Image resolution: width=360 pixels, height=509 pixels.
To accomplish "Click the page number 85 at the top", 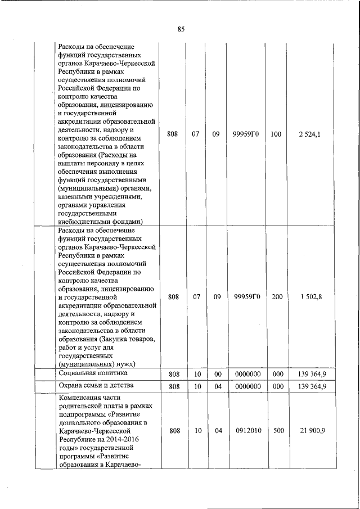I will point(181,29).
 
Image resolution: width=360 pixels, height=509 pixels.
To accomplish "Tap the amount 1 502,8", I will point(309,297).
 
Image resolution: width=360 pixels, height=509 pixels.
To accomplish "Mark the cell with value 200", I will point(277,297).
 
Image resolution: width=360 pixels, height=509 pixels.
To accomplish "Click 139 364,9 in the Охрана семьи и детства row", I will point(309,387).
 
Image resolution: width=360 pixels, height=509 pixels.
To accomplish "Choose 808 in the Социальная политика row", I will point(173,374).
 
